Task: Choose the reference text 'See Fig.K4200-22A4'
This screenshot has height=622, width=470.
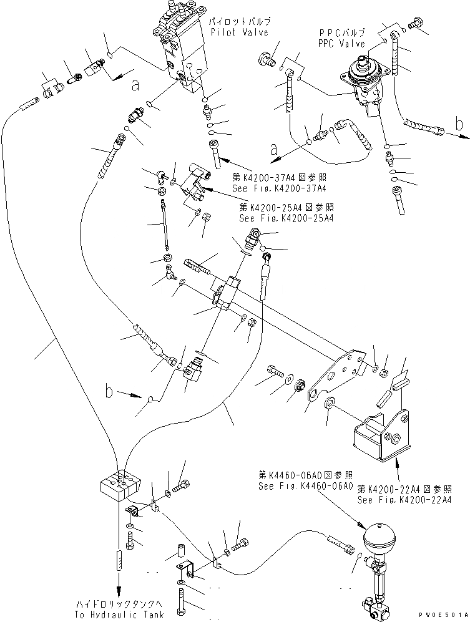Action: point(404,500)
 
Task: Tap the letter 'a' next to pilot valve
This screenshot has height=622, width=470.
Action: point(135,86)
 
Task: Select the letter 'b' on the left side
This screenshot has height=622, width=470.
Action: point(109,392)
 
